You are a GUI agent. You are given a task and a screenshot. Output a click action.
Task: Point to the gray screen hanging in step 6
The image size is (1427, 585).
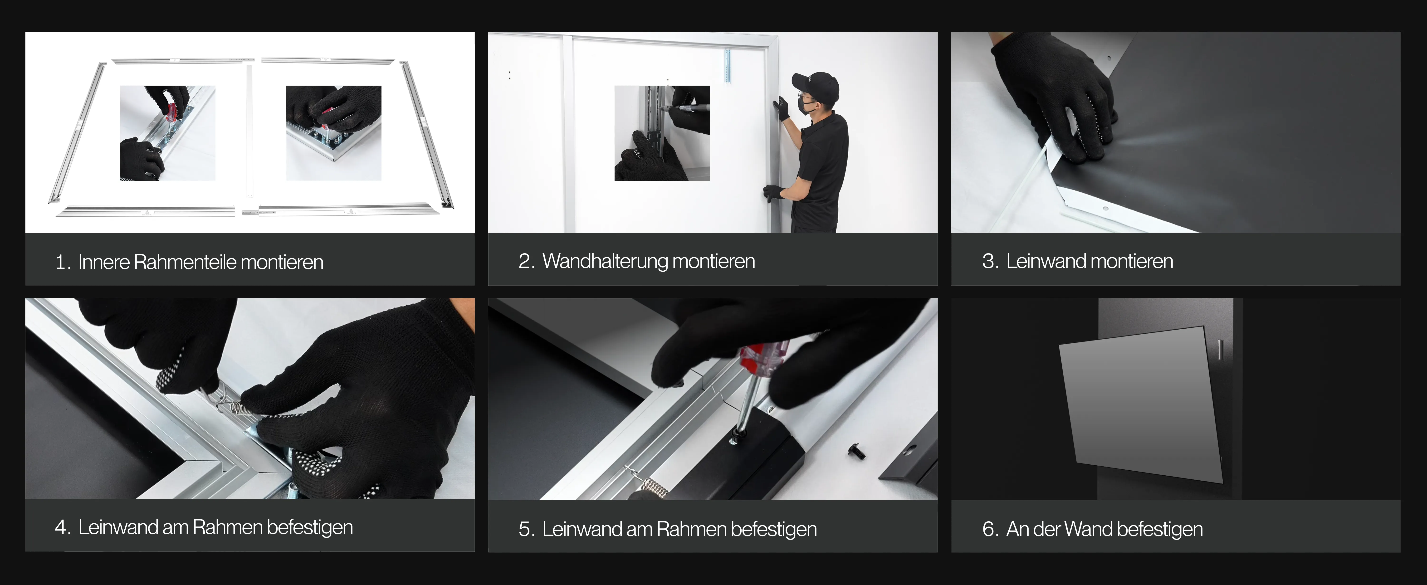1141,403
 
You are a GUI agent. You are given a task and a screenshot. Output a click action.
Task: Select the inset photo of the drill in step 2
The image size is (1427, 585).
662,133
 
